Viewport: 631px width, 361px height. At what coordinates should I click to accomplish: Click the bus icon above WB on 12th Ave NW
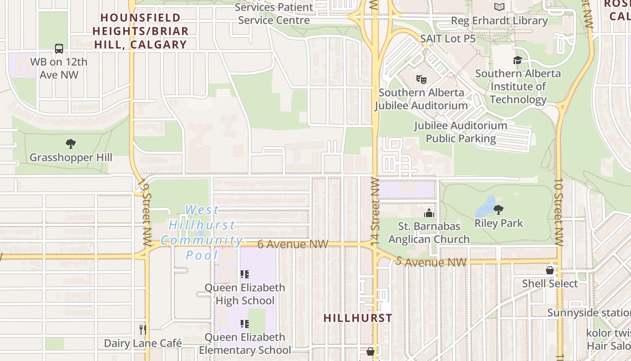pos(59,49)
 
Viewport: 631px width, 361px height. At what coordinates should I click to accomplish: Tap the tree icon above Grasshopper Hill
pos(70,144)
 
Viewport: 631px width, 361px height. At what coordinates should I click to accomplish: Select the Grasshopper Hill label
pos(71,157)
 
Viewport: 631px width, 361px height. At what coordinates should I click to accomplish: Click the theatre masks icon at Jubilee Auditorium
pos(421,79)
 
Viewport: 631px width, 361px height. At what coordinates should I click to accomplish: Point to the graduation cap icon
pos(517,60)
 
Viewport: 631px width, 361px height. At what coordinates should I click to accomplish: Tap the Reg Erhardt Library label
pos(499,21)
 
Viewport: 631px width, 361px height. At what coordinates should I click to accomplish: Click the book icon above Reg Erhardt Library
pos(499,7)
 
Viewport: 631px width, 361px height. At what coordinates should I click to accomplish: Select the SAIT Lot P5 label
pos(448,39)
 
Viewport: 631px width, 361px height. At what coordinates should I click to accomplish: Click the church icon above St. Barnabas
pos(429,213)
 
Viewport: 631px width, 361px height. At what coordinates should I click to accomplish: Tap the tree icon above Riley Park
pos(498,209)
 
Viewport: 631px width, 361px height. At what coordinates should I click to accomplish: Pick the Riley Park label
pos(498,223)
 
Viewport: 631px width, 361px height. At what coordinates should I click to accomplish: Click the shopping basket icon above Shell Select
pos(549,270)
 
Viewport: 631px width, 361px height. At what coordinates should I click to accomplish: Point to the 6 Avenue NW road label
pos(293,244)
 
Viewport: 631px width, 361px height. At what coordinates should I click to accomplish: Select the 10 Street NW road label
pos(558,212)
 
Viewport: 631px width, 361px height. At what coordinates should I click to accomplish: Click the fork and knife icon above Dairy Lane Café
pos(142,329)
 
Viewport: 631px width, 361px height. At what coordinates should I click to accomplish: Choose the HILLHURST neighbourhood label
pos(358,318)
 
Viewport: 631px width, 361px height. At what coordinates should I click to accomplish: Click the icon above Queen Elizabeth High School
pos(244,274)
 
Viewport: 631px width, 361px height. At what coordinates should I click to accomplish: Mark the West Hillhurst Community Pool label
pos(201,232)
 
